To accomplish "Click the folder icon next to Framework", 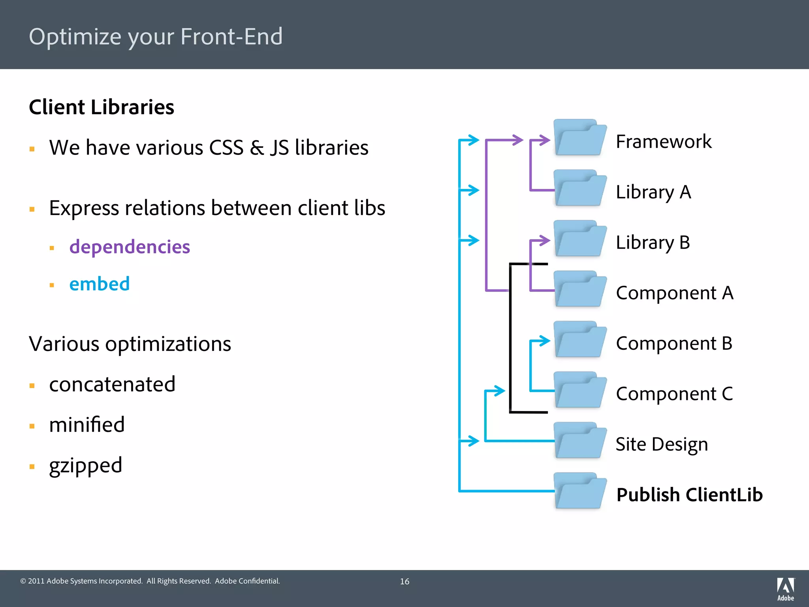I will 579,138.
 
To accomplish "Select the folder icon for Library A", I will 579,189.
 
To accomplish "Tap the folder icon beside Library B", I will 579,239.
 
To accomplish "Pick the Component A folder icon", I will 579,289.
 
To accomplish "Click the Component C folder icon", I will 579,390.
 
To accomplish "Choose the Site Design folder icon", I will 579,441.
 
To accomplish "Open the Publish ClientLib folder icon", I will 579,491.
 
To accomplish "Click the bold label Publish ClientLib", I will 689,495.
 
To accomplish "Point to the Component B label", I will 674,343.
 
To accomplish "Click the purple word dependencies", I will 130,247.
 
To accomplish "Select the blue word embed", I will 99,284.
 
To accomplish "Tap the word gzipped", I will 85,465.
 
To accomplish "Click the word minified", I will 87,425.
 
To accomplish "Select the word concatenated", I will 112,384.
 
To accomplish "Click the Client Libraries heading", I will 102,107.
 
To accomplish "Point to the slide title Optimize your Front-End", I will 156,36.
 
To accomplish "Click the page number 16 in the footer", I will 404,581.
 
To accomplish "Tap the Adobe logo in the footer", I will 785,589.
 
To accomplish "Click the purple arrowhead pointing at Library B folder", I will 545,240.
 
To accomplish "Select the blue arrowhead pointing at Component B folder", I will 545,341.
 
